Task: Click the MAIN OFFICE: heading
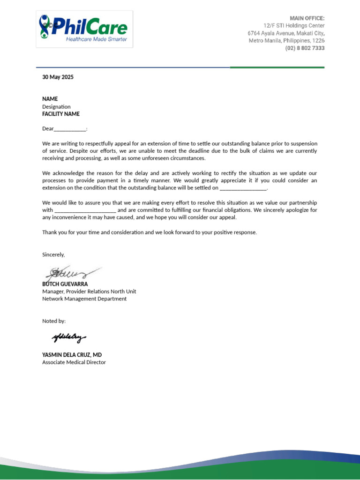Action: [307, 18]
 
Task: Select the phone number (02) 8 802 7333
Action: [305, 48]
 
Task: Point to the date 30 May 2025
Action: [58, 77]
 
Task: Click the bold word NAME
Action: [50, 99]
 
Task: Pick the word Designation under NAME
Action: [56, 106]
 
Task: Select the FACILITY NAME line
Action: [61, 114]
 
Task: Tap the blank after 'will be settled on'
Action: [243, 188]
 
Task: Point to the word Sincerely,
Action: [53, 255]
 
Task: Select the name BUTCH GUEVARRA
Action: [65, 284]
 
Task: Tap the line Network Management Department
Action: [84, 299]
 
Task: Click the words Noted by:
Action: [54, 321]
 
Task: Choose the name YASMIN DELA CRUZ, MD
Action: [72, 355]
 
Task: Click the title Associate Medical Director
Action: [74, 362]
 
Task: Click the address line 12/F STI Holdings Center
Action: [293, 26]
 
